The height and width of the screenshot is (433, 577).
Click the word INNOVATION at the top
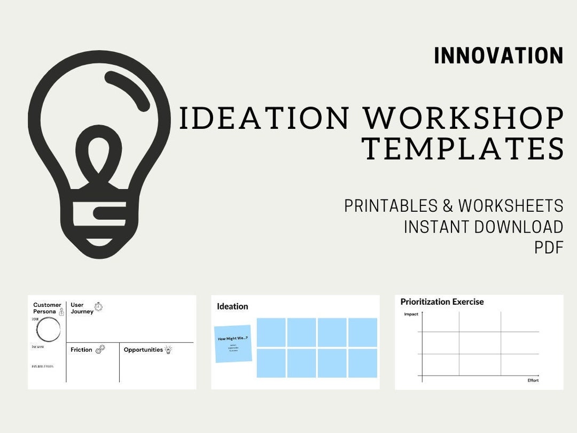click(498, 56)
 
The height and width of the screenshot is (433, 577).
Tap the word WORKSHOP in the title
click(464, 118)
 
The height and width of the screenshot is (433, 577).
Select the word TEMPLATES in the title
click(463, 149)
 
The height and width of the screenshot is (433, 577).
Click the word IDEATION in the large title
click(264, 118)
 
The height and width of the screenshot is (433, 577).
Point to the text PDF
click(549, 248)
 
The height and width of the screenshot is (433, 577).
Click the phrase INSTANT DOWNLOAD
click(484, 227)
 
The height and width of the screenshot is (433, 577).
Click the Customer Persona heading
click(47, 308)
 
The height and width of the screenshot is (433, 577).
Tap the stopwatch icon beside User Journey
click(98, 306)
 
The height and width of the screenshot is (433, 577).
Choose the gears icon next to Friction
click(100, 349)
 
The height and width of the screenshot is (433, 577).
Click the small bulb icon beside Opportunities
click(168, 350)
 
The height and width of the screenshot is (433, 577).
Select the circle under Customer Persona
click(48, 329)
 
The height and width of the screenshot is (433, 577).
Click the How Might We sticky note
click(233, 343)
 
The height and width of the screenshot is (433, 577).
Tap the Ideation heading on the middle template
click(232, 306)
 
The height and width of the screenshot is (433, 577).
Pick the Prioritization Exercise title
click(442, 301)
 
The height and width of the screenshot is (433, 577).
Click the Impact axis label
click(411, 314)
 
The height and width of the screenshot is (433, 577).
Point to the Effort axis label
click(533, 380)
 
